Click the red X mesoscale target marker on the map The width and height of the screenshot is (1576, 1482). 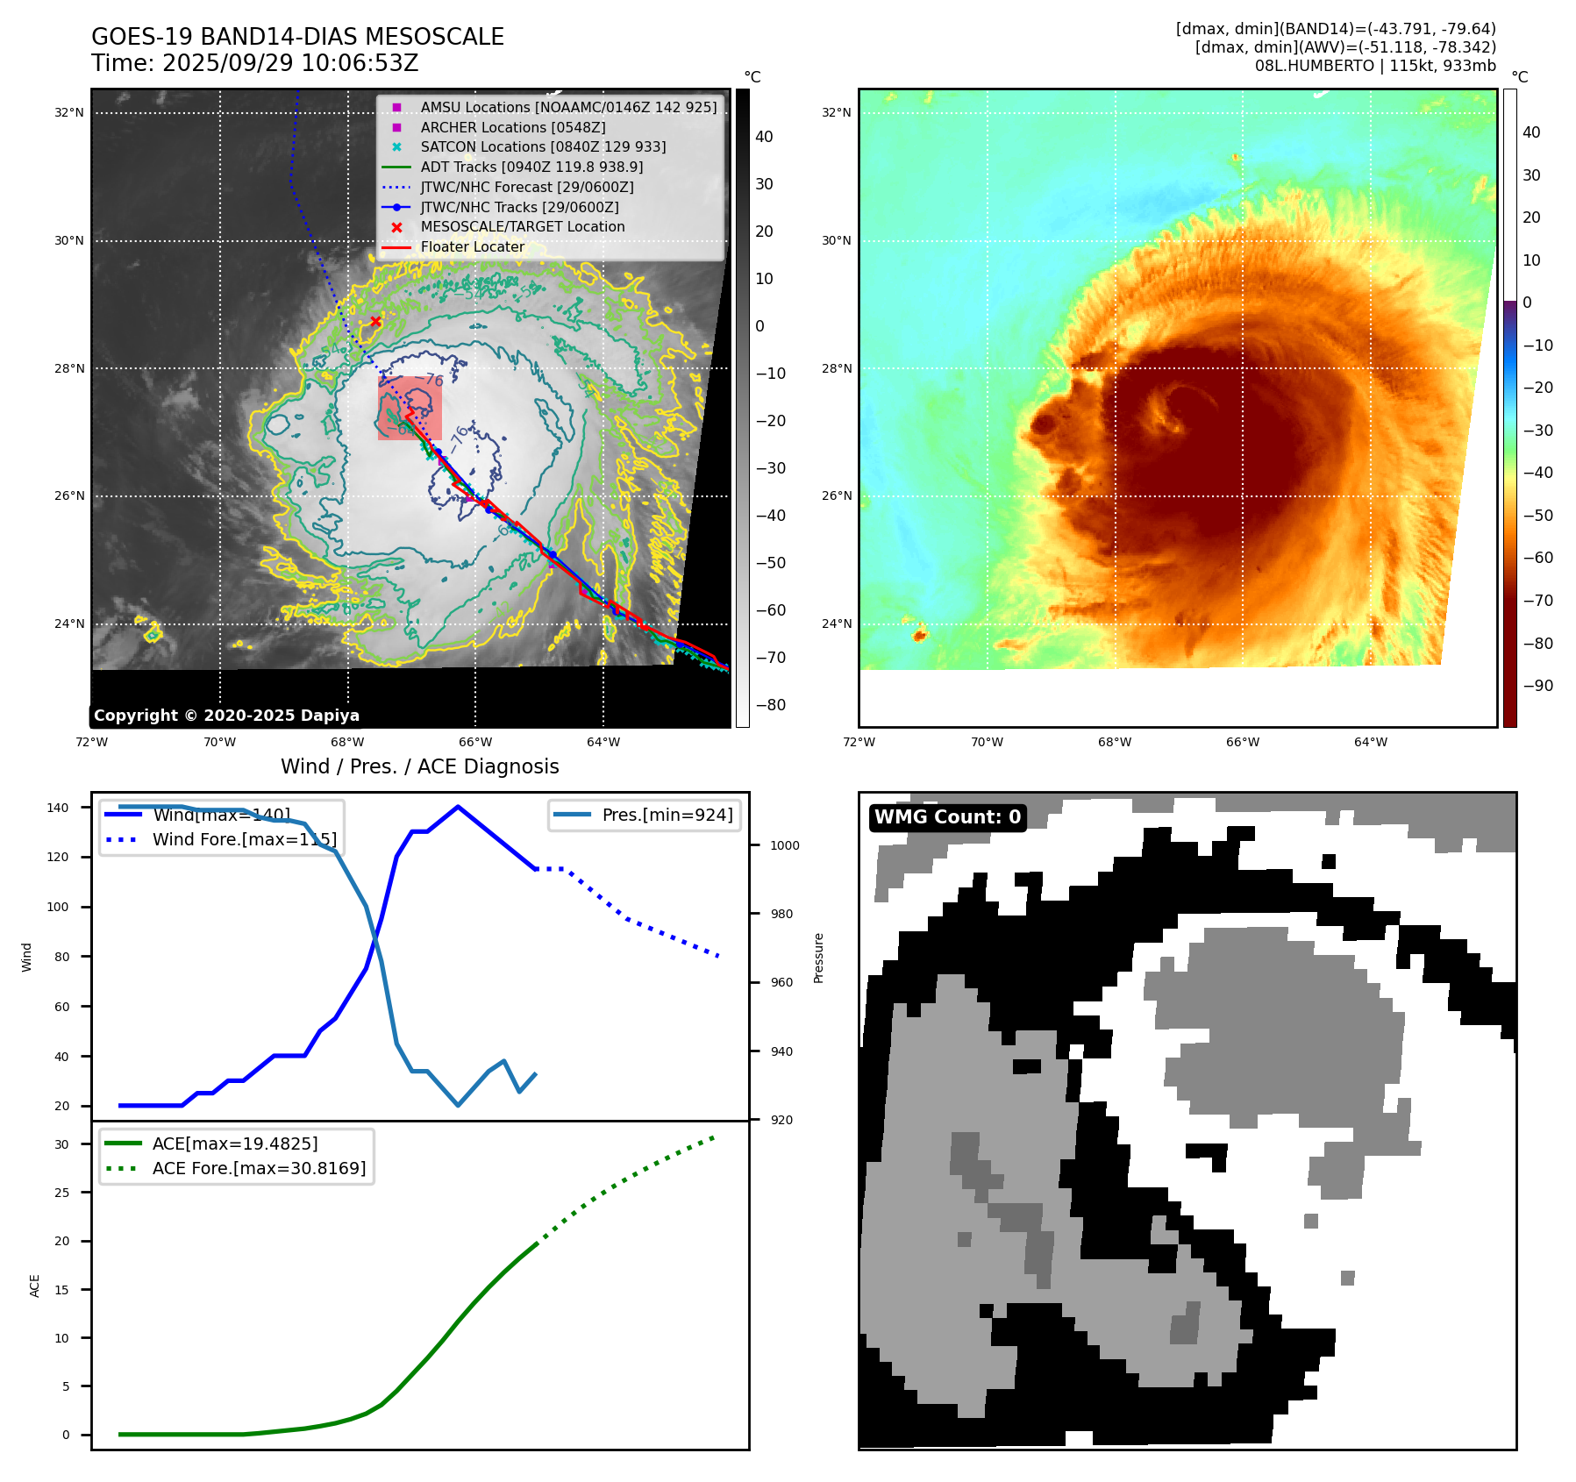point(375,322)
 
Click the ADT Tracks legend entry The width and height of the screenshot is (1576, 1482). point(531,167)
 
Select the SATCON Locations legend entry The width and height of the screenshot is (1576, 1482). point(543,146)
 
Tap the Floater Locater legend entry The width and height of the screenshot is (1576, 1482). point(472,246)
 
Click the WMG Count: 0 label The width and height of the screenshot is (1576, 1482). point(947,817)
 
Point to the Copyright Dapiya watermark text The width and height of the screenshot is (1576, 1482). point(226,716)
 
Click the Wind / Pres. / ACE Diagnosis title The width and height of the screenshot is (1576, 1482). point(419,766)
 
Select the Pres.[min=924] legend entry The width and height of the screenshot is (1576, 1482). point(667,815)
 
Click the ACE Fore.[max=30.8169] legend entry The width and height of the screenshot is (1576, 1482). point(259,1168)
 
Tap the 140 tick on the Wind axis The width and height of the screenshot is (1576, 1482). point(58,808)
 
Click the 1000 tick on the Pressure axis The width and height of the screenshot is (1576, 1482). point(784,845)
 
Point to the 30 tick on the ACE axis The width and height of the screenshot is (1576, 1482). point(61,1144)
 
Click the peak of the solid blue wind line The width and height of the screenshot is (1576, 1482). point(458,807)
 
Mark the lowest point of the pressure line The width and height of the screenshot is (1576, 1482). point(458,1105)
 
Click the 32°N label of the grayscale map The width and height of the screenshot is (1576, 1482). point(69,112)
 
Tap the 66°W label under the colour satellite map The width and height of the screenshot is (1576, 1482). point(1242,742)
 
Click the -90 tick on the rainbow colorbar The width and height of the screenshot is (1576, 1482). point(1537,686)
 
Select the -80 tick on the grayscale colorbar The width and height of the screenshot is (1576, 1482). point(771,705)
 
